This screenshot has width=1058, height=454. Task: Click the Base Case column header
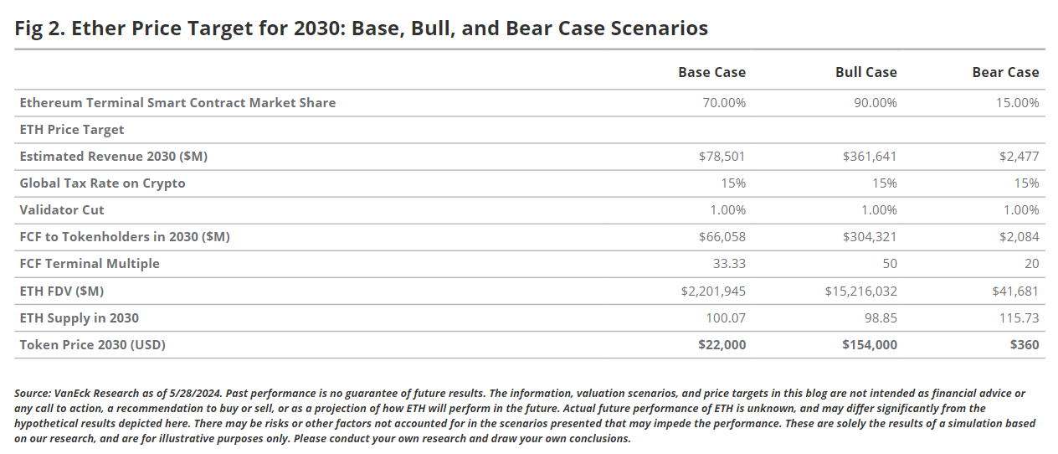coord(711,72)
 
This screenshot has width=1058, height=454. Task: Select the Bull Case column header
coord(865,72)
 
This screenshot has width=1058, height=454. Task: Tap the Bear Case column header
coord(1005,72)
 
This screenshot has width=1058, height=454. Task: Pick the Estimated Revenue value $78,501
coord(722,157)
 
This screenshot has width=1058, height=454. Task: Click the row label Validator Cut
coord(62,210)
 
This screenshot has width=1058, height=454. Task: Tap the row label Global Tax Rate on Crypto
coord(102,183)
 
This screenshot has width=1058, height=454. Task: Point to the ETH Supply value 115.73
coord(1020,317)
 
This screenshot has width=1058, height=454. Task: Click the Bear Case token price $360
coord(1025,344)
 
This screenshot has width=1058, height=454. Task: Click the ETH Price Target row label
coord(71,130)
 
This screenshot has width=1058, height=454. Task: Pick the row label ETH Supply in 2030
coord(79,317)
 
